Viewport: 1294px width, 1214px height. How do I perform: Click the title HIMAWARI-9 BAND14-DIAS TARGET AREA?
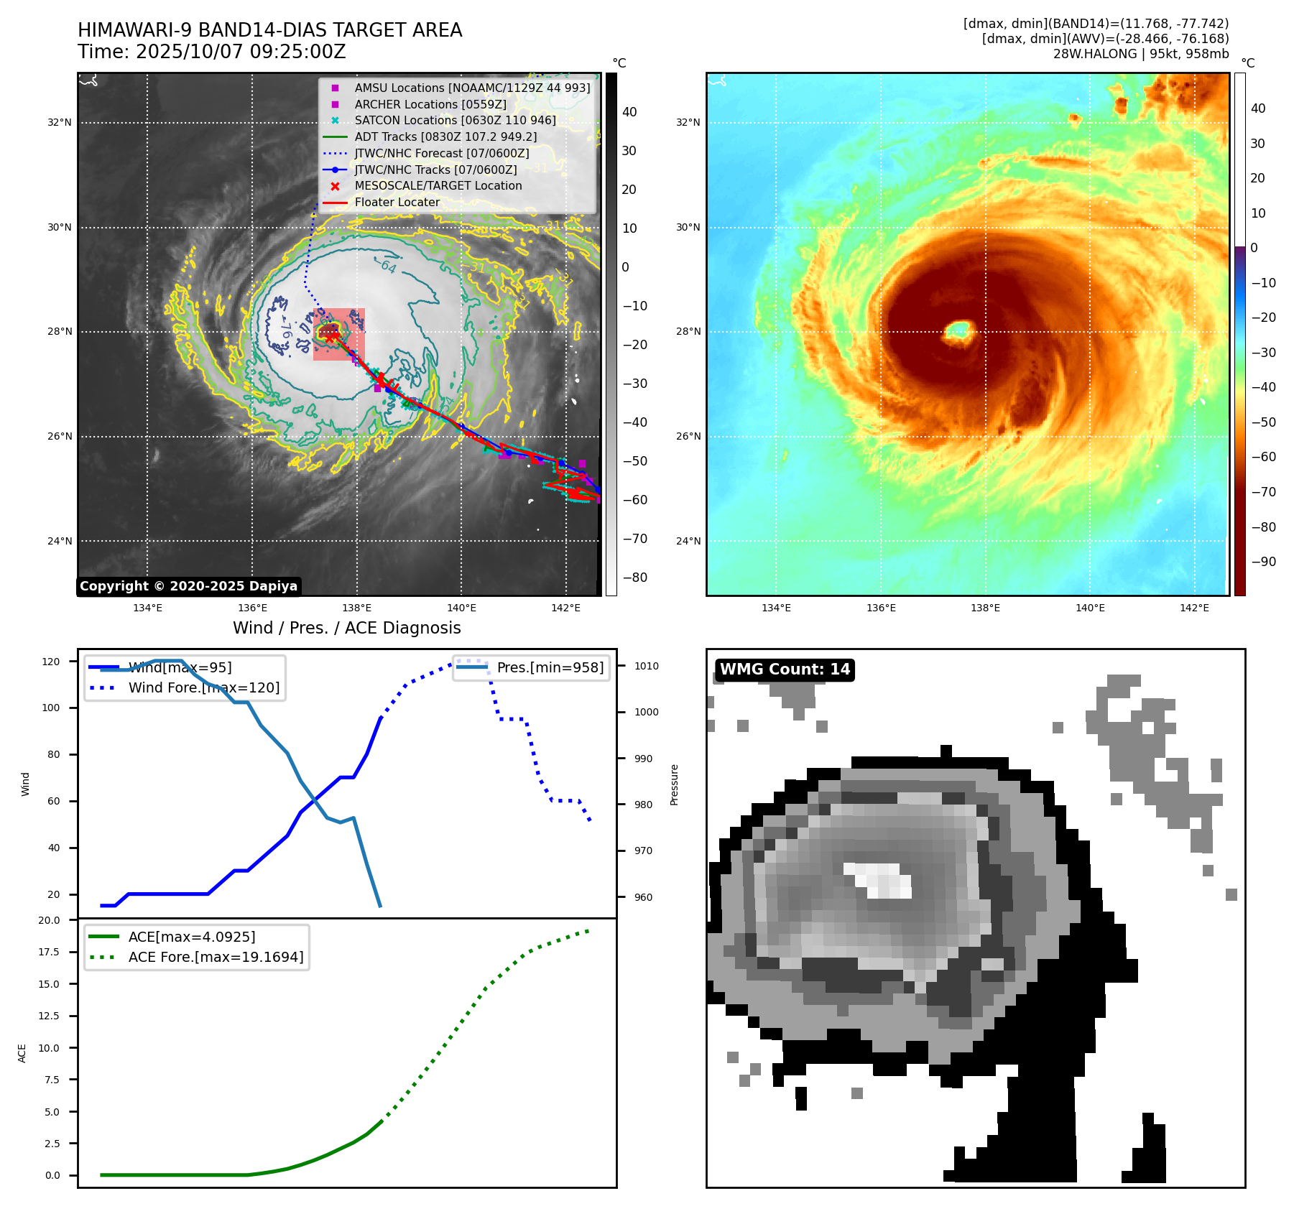[x=269, y=30]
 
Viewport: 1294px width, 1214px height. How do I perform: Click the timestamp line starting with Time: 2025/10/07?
[x=211, y=52]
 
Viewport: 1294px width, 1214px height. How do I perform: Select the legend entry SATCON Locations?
[x=455, y=120]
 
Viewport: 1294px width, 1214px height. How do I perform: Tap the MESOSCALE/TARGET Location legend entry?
[x=438, y=185]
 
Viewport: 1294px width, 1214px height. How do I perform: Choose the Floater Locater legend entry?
[x=397, y=202]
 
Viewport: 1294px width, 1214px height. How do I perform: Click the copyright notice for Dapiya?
[x=188, y=586]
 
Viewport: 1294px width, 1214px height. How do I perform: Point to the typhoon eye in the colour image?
[x=958, y=331]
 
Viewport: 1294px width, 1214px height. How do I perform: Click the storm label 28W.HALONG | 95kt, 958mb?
[x=1140, y=54]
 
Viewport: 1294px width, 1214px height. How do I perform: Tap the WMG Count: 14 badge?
[x=785, y=669]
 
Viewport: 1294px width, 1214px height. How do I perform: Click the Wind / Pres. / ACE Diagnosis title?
[x=346, y=628]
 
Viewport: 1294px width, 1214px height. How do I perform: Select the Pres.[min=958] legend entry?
[x=550, y=667]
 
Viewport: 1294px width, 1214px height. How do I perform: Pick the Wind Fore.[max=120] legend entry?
[x=203, y=687]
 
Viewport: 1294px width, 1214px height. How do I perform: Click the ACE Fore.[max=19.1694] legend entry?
[x=216, y=957]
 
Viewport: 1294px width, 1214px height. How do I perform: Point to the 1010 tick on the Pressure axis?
[x=646, y=666]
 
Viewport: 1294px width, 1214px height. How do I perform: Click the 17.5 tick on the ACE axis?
[x=49, y=952]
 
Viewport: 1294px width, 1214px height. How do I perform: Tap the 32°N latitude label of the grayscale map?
[x=60, y=123]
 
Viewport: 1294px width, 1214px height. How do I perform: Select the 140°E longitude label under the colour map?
[x=1089, y=608]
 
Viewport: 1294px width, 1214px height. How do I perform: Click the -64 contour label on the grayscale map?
[x=388, y=267]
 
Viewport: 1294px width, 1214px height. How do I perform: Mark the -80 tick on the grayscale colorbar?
[x=634, y=578]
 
